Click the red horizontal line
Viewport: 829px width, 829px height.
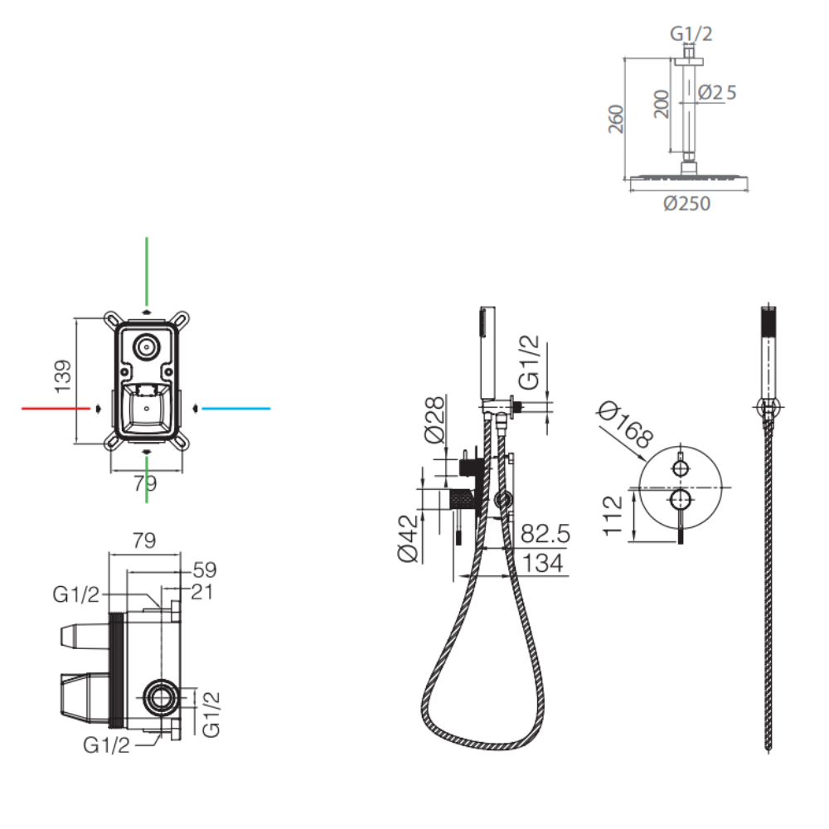(x=56, y=408)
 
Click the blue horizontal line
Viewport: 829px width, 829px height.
(x=235, y=408)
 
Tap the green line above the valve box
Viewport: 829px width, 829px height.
(x=147, y=271)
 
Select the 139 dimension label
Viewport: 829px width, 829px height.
(x=63, y=376)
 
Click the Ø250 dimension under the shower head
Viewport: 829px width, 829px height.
(x=686, y=204)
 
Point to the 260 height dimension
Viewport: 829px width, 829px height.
(x=616, y=119)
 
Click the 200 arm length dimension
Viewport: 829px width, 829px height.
(x=662, y=104)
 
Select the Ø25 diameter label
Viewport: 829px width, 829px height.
(x=717, y=93)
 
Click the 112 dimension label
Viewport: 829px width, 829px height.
(x=613, y=516)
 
